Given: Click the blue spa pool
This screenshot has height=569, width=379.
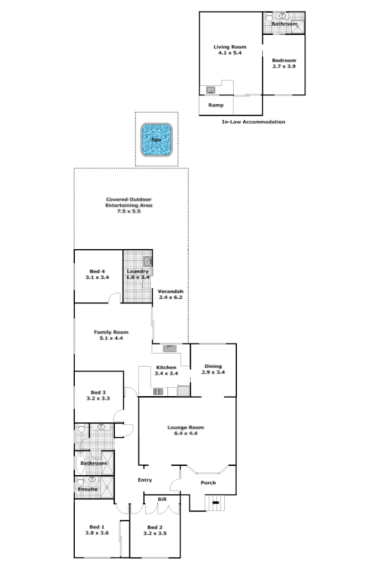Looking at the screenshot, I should [156, 140].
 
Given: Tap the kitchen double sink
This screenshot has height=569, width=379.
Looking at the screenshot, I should [169, 348].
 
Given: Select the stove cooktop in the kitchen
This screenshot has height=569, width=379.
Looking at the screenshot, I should [157, 391].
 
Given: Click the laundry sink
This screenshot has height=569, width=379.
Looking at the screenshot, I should [147, 261].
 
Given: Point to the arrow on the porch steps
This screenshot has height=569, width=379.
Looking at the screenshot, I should [215, 503].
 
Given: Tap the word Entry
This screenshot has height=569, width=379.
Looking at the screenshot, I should [145, 480].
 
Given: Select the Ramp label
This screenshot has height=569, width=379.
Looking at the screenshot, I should [216, 105].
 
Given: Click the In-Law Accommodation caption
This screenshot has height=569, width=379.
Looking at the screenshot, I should [254, 122].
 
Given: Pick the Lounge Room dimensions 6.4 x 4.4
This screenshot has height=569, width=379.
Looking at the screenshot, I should [185, 434].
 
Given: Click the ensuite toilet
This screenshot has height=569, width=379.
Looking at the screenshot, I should [81, 482].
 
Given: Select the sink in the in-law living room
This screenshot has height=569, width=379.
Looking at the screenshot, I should [211, 90].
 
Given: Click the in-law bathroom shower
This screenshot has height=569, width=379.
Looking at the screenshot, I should [298, 24].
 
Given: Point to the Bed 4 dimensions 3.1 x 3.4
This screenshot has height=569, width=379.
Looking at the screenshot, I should [97, 277].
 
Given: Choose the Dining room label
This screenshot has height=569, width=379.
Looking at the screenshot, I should [213, 366].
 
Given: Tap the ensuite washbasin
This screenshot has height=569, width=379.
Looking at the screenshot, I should [93, 479].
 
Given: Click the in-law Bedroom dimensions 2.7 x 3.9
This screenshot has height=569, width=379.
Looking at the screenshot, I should [284, 66].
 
